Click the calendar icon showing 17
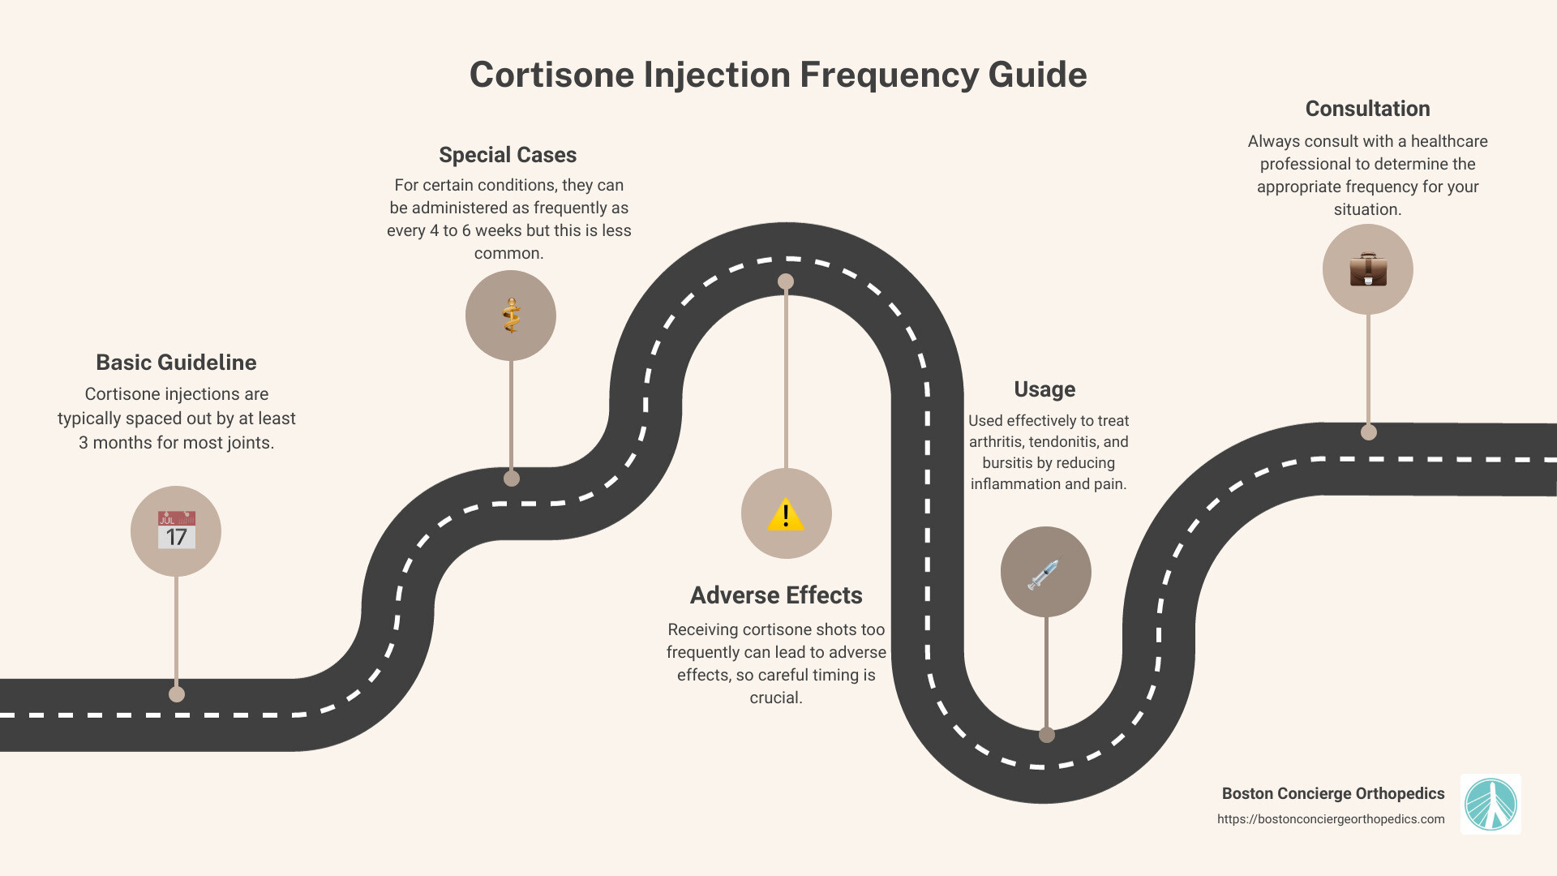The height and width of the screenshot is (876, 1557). (176, 531)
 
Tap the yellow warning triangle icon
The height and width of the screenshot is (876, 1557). (786, 514)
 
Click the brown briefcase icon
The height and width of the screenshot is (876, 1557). (1368, 269)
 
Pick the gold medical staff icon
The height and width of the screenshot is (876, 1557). (511, 316)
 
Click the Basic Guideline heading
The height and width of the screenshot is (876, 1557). (176, 363)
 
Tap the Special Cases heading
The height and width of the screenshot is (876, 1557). (508, 155)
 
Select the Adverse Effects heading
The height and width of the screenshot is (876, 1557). (776, 595)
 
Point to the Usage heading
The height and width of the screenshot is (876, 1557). (1044, 389)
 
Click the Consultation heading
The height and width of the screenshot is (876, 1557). (1367, 109)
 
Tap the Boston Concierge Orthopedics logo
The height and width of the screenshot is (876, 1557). (1491, 805)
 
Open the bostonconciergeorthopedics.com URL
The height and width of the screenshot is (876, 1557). (1331, 819)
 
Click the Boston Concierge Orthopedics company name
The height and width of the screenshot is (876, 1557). (1333, 793)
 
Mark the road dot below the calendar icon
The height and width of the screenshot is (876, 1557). (177, 694)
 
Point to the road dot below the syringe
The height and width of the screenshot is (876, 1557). (1047, 735)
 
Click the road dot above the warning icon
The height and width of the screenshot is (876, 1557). (786, 281)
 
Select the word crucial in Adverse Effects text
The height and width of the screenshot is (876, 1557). (775, 698)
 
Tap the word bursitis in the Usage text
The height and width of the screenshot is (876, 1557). (1008, 463)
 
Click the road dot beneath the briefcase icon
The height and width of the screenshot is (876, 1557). (1369, 432)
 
